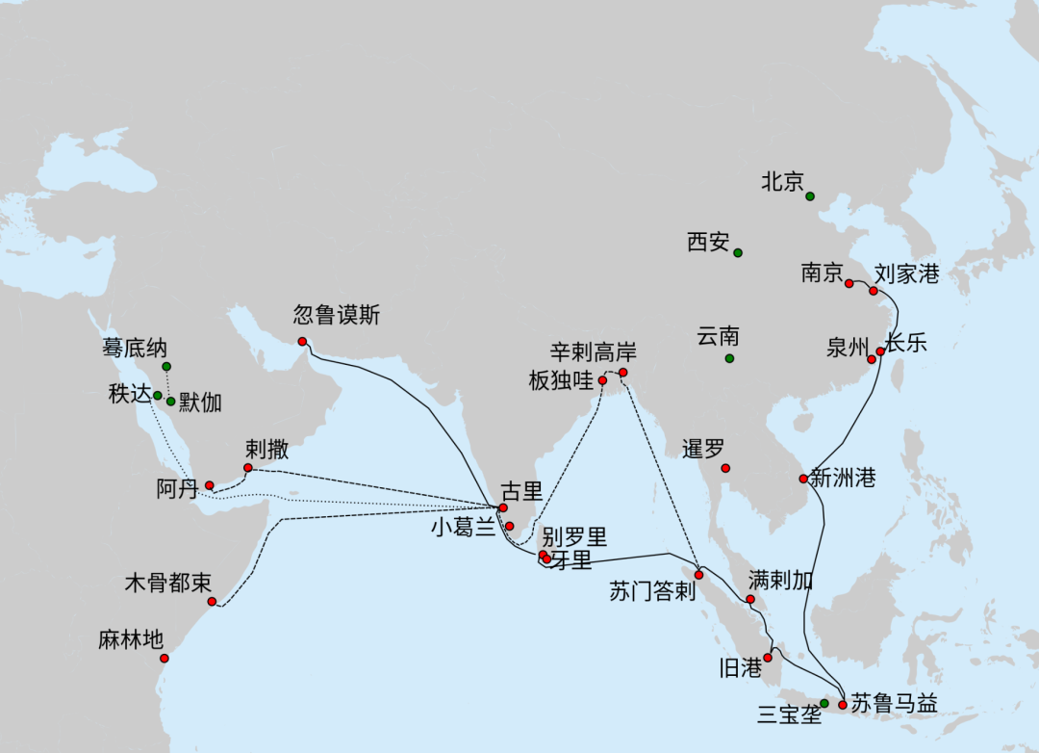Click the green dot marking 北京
(810, 196)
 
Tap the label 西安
(708, 243)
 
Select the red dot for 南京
(849, 283)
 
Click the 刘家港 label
(906, 274)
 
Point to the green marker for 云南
(729, 359)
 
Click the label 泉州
(848, 348)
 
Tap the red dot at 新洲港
(803, 479)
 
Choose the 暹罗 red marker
(725, 468)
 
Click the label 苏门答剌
(652, 590)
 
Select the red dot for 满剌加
(750, 600)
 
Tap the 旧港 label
(741, 668)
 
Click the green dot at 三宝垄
(824, 704)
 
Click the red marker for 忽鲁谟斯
(302, 342)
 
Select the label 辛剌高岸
(594, 352)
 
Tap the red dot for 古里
(503, 507)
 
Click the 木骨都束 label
(168, 584)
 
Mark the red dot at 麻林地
(165, 659)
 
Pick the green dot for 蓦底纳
(166, 367)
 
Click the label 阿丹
(177, 488)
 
